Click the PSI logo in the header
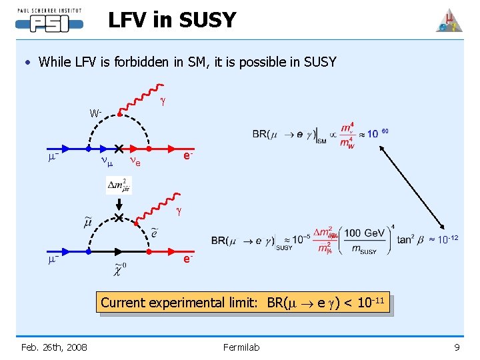[49, 21]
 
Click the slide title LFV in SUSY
[172, 21]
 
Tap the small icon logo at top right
[449, 21]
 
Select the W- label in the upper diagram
[96, 113]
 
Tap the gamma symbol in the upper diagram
[162, 102]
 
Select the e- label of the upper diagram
[189, 155]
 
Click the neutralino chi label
[119, 269]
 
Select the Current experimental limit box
[243, 303]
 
